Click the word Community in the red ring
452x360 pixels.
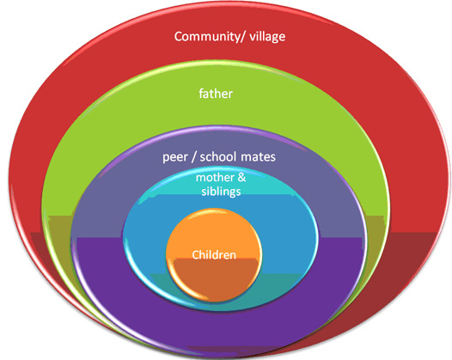click(x=205, y=37)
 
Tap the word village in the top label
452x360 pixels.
click(x=267, y=37)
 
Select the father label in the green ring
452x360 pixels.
click(x=216, y=94)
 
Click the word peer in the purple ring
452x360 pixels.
click(x=175, y=157)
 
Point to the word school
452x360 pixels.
click(x=218, y=156)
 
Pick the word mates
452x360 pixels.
click(x=258, y=157)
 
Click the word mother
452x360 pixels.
click(x=215, y=178)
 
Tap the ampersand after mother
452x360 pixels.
click(x=241, y=177)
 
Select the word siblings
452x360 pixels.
click(x=221, y=192)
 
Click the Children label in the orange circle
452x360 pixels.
click(x=214, y=255)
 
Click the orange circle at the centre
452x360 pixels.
click(x=214, y=255)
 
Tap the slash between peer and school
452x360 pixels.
click(x=194, y=156)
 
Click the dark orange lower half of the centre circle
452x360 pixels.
click(x=215, y=279)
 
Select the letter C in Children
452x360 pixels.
click(x=195, y=255)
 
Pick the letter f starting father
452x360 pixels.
click(x=201, y=94)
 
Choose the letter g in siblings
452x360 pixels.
click(x=233, y=192)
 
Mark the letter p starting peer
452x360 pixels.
click(x=166, y=159)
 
